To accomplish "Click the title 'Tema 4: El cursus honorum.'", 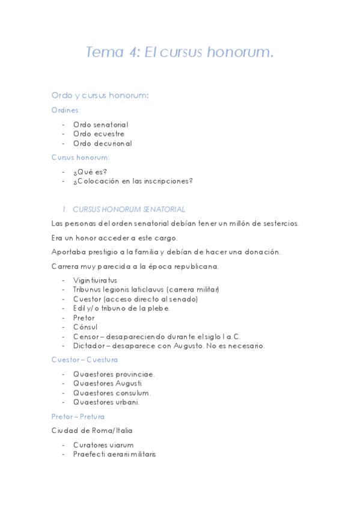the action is click(180, 52).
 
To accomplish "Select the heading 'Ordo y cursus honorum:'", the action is click(100, 96).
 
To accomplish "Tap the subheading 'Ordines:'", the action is click(66, 110).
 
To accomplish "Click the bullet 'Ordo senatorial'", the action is click(100, 124).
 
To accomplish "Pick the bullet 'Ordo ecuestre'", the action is click(99, 134).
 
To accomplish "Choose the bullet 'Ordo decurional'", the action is click(102, 143).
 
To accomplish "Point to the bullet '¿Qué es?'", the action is click(90, 171).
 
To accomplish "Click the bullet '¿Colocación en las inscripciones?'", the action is click(133, 180).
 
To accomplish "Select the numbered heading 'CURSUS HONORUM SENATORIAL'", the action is click(129, 209).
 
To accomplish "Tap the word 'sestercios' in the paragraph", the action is click(277, 223).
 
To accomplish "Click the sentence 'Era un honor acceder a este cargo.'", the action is click(114, 238).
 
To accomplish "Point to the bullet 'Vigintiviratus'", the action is click(95, 280).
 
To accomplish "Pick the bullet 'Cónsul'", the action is click(85, 327).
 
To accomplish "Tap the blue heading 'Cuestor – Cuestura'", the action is click(85, 360).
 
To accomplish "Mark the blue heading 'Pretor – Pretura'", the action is click(78, 416).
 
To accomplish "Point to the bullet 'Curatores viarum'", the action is click(103, 445).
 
